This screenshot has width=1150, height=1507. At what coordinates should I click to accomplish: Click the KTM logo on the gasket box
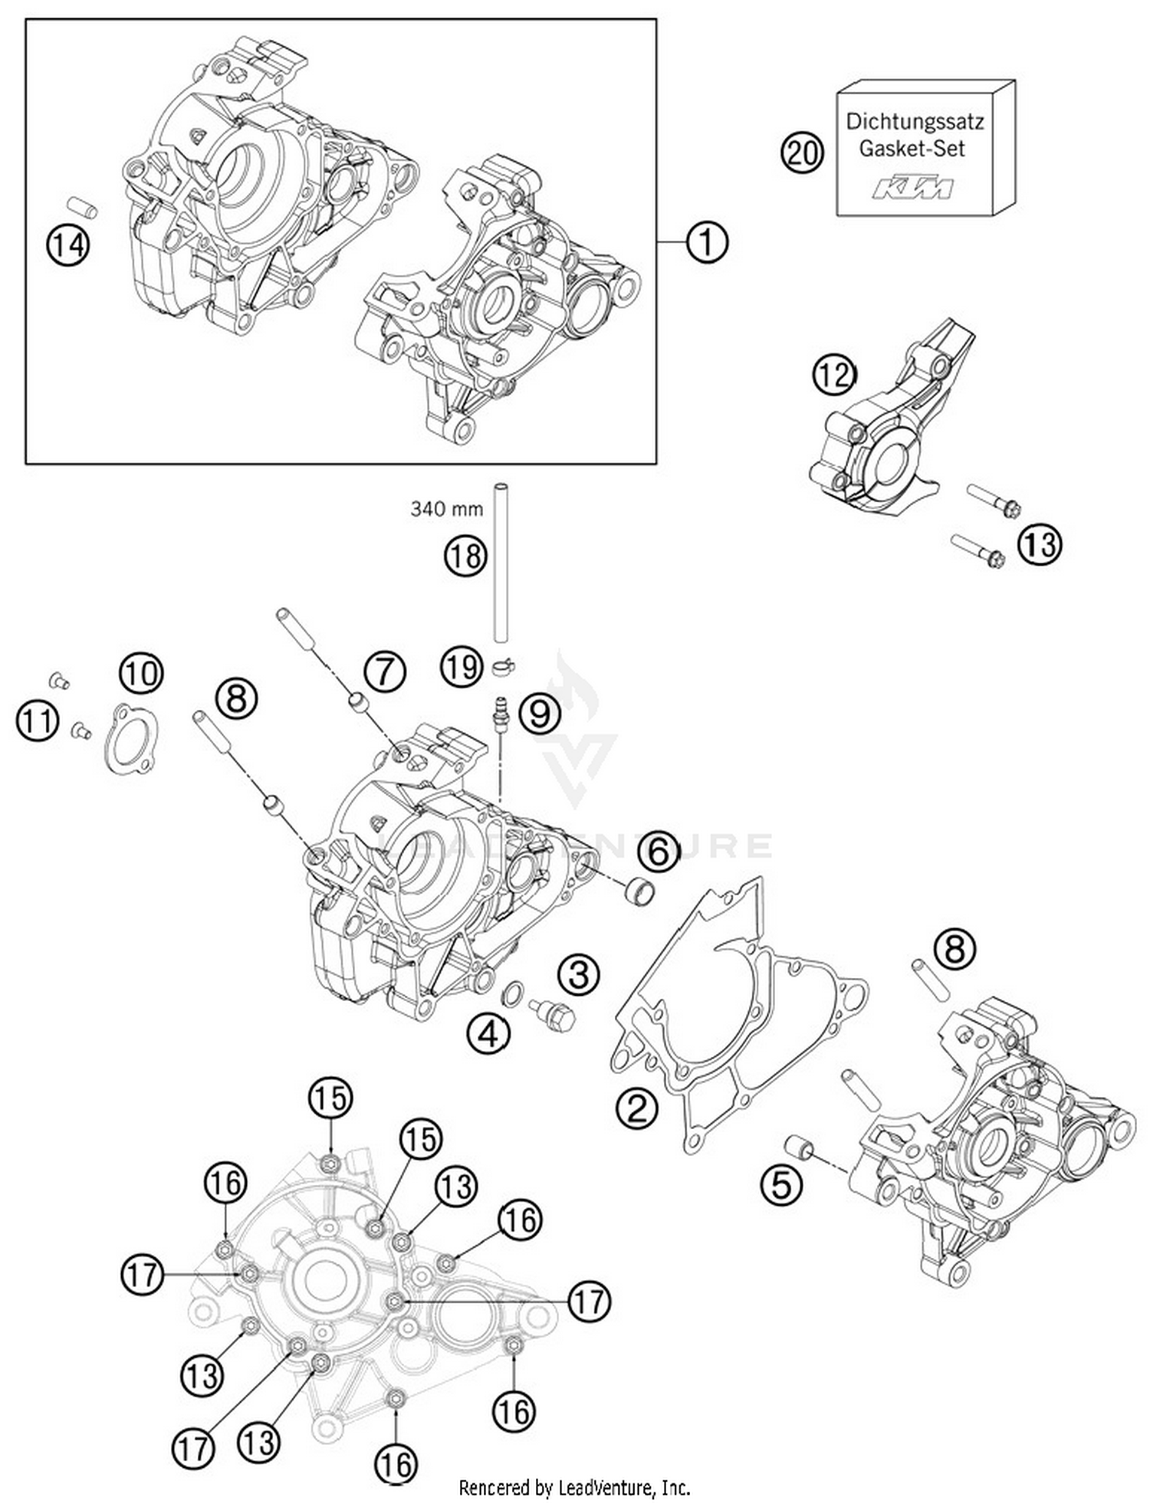(x=913, y=188)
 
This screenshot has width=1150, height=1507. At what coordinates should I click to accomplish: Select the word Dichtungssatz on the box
(x=915, y=121)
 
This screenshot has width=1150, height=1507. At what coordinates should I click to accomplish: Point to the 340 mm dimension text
(x=446, y=508)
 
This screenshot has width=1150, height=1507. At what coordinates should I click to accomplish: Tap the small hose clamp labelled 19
(x=503, y=666)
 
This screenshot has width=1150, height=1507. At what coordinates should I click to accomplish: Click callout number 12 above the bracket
(x=834, y=375)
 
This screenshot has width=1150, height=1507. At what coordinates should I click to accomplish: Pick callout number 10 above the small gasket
(x=142, y=673)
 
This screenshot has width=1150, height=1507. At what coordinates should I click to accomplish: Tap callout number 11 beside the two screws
(x=38, y=721)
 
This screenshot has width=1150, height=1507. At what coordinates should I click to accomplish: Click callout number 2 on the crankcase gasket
(x=638, y=1108)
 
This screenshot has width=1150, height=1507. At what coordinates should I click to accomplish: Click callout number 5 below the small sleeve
(x=780, y=1186)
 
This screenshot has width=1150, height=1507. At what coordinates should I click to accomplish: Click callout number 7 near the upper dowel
(x=384, y=672)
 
